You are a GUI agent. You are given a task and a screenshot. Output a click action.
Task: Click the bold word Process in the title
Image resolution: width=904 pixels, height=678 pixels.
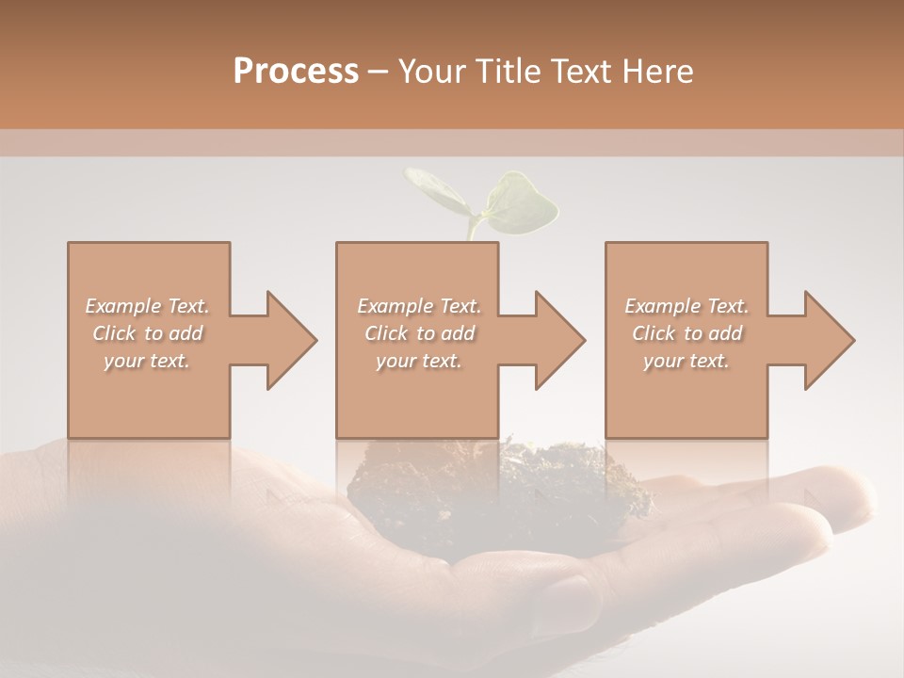point(296,72)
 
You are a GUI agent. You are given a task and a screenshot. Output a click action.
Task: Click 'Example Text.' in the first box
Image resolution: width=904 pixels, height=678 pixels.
point(147,306)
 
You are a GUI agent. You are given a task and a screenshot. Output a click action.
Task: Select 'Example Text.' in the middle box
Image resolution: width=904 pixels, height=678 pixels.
point(419,306)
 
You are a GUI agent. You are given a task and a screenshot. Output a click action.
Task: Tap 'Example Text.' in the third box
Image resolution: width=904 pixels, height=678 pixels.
point(686,306)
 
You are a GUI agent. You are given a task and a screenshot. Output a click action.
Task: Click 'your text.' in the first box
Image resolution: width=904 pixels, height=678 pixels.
point(147,361)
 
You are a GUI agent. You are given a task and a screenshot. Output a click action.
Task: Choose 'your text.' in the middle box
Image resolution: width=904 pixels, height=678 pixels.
point(419,361)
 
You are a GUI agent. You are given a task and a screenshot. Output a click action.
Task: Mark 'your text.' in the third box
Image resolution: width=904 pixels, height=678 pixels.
point(686,361)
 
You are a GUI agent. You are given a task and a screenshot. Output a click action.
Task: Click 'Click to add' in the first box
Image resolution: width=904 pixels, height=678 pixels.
point(147,333)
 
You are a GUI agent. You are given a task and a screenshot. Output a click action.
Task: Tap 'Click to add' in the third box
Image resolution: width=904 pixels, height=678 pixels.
point(686,333)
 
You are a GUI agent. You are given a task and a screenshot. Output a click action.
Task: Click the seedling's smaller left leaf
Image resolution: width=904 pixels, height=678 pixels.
point(436,191)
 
